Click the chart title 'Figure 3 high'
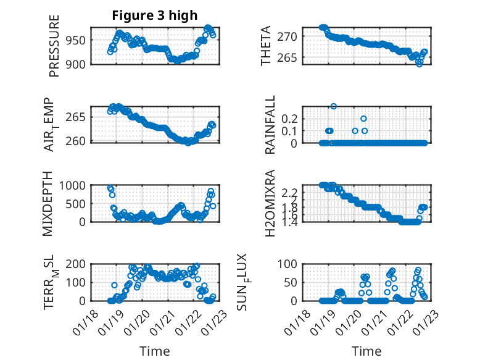pyautogui.click(x=154, y=15)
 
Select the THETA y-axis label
pyautogui.click(x=266, y=46)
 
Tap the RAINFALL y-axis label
pyautogui.click(x=270, y=125)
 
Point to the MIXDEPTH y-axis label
pyautogui.click(x=48, y=204)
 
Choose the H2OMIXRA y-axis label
pyautogui.click(x=270, y=204)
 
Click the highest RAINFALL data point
pyautogui.click(x=334, y=106)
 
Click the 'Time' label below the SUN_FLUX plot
pyautogui.click(x=366, y=351)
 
